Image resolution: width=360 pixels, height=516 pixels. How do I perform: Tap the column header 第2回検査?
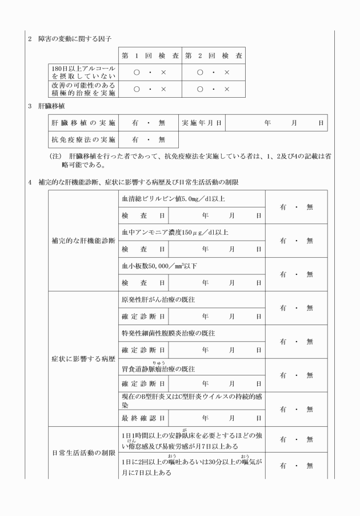[x=214, y=56]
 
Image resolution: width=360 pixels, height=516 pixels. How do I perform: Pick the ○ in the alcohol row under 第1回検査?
[x=137, y=73]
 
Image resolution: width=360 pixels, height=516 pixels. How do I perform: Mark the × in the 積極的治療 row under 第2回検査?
[x=227, y=89]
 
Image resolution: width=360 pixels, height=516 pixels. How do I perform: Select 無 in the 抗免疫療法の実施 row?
[x=161, y=139]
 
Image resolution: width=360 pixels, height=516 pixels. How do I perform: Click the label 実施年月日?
[x=202, y=122]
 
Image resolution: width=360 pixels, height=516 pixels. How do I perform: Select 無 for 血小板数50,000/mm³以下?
[x=310, y=274]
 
